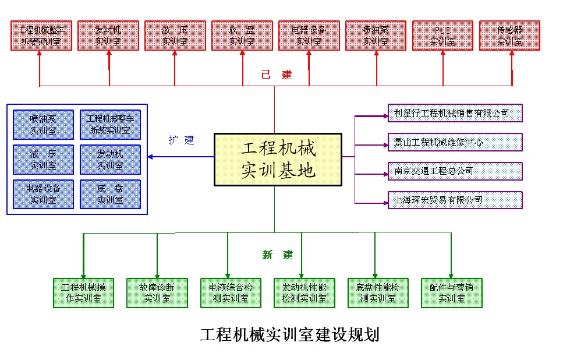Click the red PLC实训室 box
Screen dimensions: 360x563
pyautogui.click(x=443, y=35)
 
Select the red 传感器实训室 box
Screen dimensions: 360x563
pyautogui.click(x=509, y=35)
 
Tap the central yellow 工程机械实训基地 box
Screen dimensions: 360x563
pyautogui.click(x=278, y=160)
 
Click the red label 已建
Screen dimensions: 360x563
pyautogui.click(x=276, y=75)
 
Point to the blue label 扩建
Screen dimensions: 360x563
pyautogui.click(x=182, y=140)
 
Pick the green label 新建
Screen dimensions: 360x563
pyautogui.click(x=277, y=255)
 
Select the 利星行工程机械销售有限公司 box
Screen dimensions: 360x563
pyautogui.click(x=455, y=113)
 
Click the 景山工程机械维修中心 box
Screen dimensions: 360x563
pyautogui.click(x=455, y=142)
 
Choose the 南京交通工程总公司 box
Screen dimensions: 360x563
pyautogui.click(x=455, y=171)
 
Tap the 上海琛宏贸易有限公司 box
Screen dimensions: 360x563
pyautogui.click(x=455, y=200)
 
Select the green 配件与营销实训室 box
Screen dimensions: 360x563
pyautogui.click(x=451, y=292)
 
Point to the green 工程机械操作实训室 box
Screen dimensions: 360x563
pyautogui.click(x=84, y=292)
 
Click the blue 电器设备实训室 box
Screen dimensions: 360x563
pyautogui.click(x=44, y=194)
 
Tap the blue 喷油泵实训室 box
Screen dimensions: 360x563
pyautogui.click(x=44, y=124)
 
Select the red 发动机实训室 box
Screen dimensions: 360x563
pyautogui.click(x=108, y=35)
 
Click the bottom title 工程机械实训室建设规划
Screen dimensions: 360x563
pyautogui.click(x=289, y=335)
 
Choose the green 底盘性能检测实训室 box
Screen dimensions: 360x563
pyautogui.click(x=377, y=292)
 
